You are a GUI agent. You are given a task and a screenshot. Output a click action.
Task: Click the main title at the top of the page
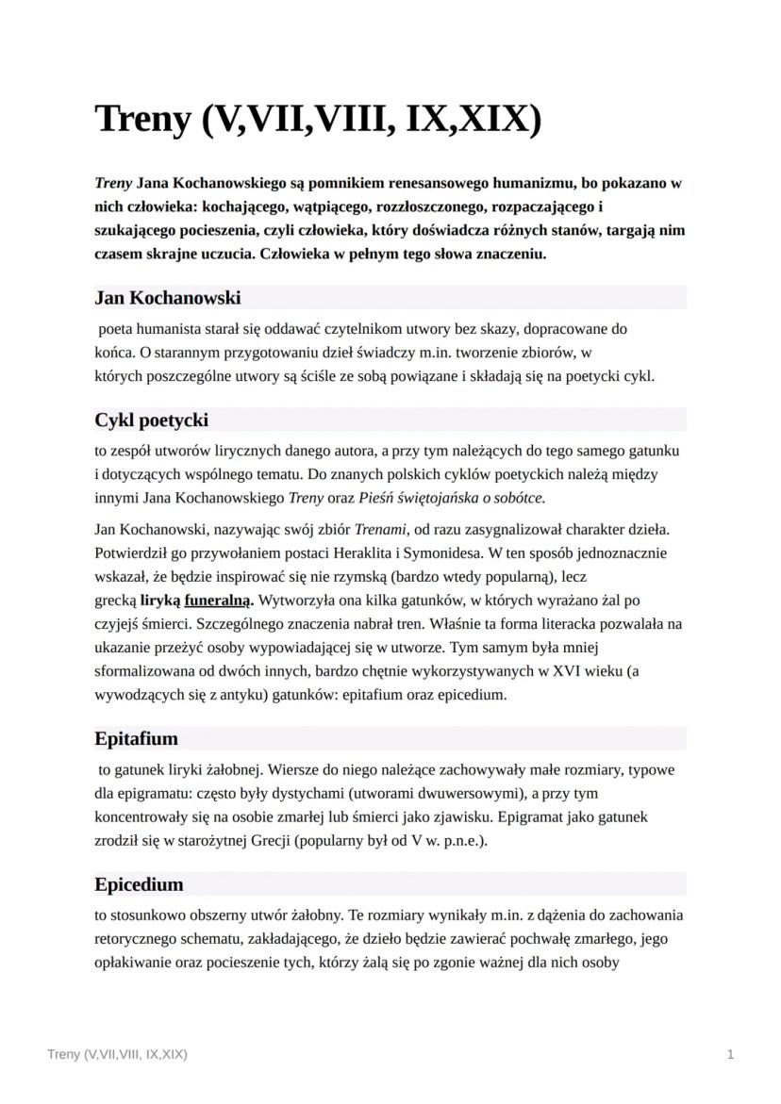(x=318, y=121)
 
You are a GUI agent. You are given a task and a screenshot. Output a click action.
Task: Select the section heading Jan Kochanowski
(x=168, y=298)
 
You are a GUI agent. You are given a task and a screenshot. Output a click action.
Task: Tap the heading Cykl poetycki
(x=152, y=420)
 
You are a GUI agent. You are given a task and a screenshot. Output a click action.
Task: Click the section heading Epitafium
(x=136, y=737)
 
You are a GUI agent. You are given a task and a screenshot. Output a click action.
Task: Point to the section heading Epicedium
(x=139, y=885)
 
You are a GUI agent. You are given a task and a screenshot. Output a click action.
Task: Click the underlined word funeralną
(x=218, y=600)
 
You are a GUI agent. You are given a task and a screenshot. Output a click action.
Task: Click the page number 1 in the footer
(x=730, y=1054)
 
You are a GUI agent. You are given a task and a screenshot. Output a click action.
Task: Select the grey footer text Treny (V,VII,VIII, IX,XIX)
(x=117, y=1054)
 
